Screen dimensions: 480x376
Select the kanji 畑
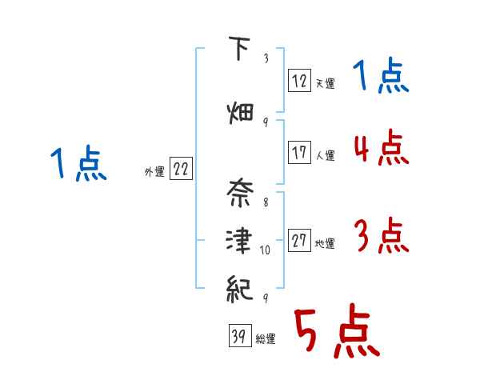pyautogui.click(x=238, y=112)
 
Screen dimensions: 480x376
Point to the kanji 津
pyautogui.click(x=238, y=239)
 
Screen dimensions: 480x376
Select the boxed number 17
pyautogui.click(x=299, y=152)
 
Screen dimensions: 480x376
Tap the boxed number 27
pyautogui.click(x=299, y=240)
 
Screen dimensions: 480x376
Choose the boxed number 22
pyautogui.click(x=181, y=169)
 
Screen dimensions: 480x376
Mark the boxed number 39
pyautogui.click(x=238, y=338)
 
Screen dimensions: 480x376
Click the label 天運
pyautogui.click(x=325, y=83)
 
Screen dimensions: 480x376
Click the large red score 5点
pyautogui.click(x=336, y=334)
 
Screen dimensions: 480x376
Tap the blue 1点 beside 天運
pyautogui.click(x=381, y=76)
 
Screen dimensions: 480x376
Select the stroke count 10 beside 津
pyautogui.click(x=266, y=250)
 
